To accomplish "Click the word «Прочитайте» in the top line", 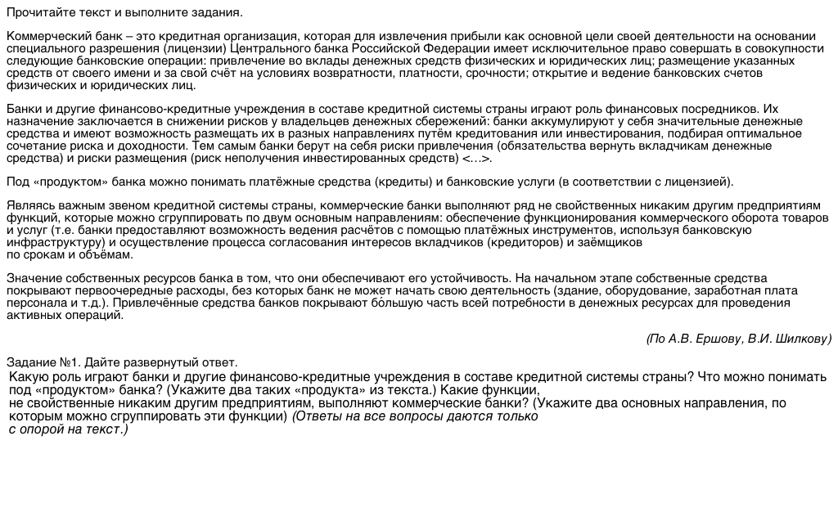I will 37,12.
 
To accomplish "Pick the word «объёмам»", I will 109,254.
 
